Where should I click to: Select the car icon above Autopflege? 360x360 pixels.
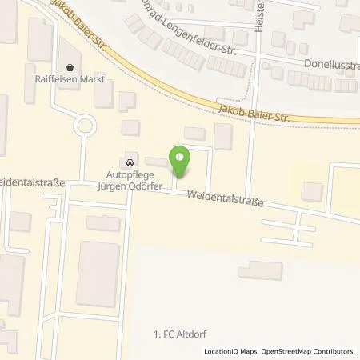coord(130,157)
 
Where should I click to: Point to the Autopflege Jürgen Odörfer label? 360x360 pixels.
coord(130,176)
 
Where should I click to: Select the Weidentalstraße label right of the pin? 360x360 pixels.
coord(225,196)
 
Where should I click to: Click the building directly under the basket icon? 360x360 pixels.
coord(103,93)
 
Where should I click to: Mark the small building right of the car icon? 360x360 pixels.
coord(157,162)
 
